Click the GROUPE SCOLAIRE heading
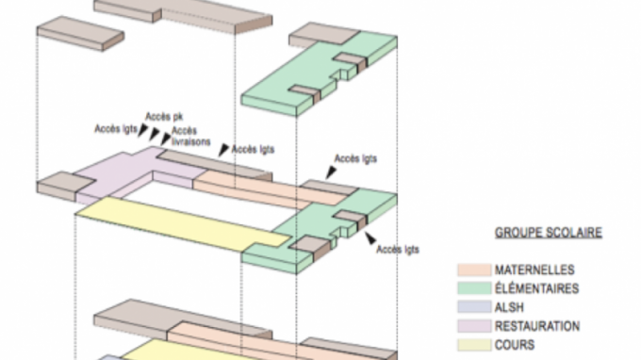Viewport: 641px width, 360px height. click(549, 233)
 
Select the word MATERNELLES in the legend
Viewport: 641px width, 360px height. click(534, 270)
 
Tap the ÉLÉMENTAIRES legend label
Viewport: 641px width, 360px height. click(536, 288)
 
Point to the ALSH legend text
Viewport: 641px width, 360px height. click(509, 307)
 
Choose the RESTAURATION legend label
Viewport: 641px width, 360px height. click(537, 326)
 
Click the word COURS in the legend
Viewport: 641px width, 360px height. click(515, 345)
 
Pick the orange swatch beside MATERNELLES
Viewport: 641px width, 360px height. click(474, 270)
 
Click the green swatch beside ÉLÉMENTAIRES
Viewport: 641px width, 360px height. click(474, 288)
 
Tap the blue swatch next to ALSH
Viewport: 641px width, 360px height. click(474, 307)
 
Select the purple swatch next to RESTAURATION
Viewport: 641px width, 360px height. click(474, 326)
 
